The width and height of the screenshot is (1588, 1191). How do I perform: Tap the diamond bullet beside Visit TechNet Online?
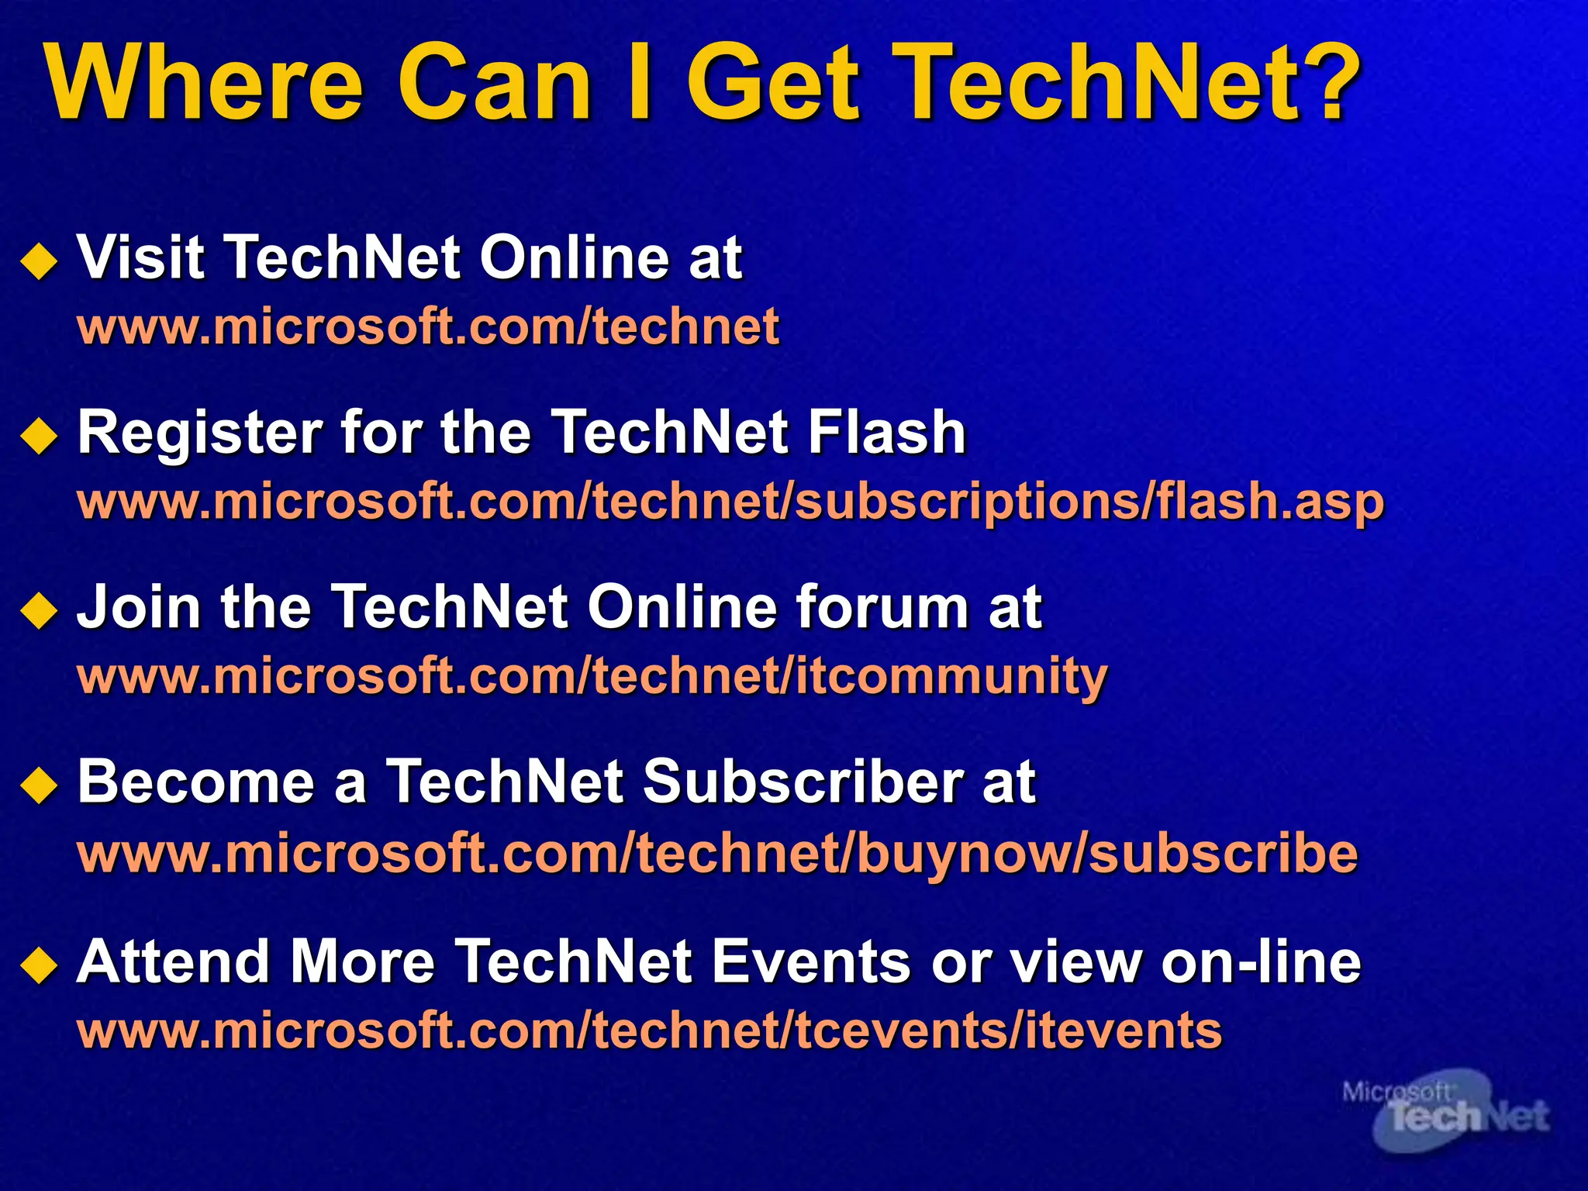[40, 261]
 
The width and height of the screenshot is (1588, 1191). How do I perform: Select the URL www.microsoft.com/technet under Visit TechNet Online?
[428, 326]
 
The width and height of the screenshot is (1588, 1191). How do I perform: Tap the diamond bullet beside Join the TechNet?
[40, 609]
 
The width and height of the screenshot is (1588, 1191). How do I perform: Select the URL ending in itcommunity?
[592, 677]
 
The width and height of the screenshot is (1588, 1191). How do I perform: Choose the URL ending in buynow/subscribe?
[717, 853]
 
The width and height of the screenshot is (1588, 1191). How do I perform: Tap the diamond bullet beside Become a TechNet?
[40, 785]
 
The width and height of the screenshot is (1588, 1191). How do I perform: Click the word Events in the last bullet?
[810, 962]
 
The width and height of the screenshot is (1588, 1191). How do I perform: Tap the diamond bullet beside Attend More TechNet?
[40, 966]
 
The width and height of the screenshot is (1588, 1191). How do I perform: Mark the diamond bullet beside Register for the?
[40, 437]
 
